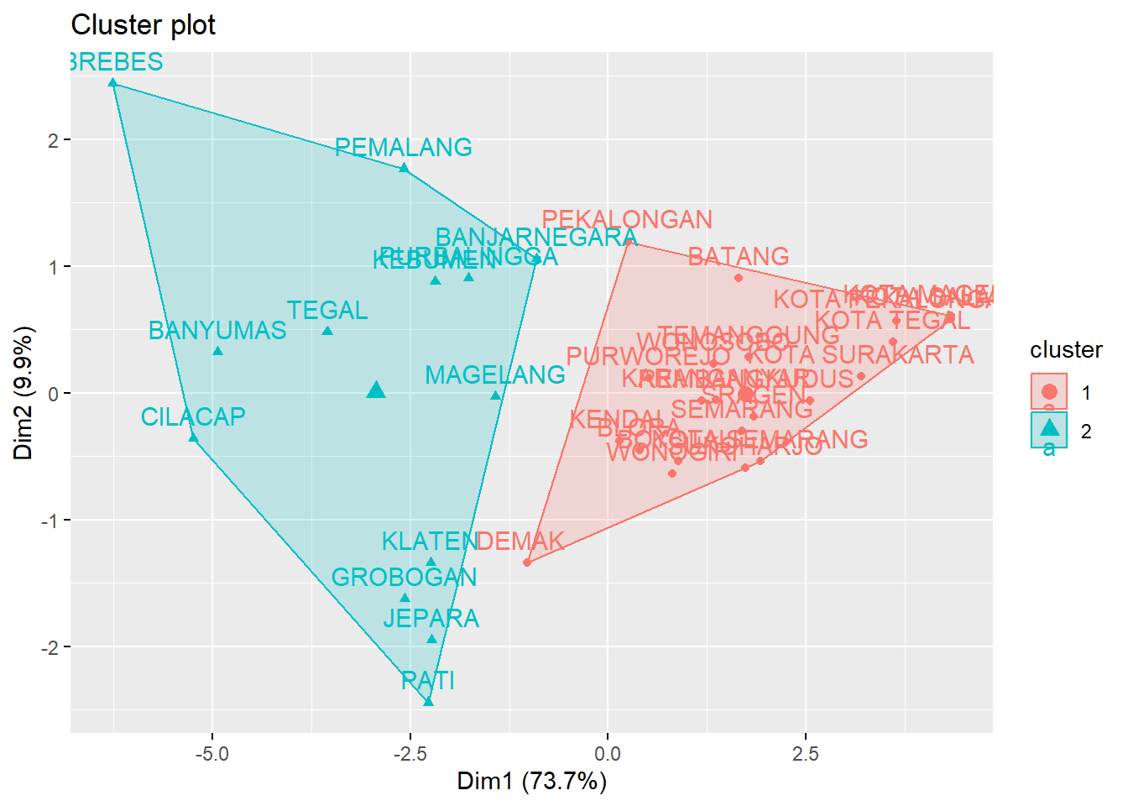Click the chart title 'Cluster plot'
[x=143, y=25]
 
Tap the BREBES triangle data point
[x=112, y=83]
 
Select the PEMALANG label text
[x=403, y=148]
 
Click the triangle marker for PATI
[x=428, y=701]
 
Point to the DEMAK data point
[x=527, y=563]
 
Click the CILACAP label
[x=193, y=417]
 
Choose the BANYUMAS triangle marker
[x=217, y=351]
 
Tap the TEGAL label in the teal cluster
[x=327, y=311]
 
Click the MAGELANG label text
[x=495, y=375]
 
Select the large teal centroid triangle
[x=376, y=390]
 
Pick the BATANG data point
[x=739, y=278]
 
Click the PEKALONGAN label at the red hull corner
[x=627, y=220]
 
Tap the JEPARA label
[x=431, y=619]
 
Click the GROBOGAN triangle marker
[x=405, y=598]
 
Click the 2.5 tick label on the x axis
[x=805, y=754]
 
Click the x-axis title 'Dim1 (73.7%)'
[x=531, y=782]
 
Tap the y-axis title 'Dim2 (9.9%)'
[x=23, y=393]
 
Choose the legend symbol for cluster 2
[x=1049, y=429]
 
